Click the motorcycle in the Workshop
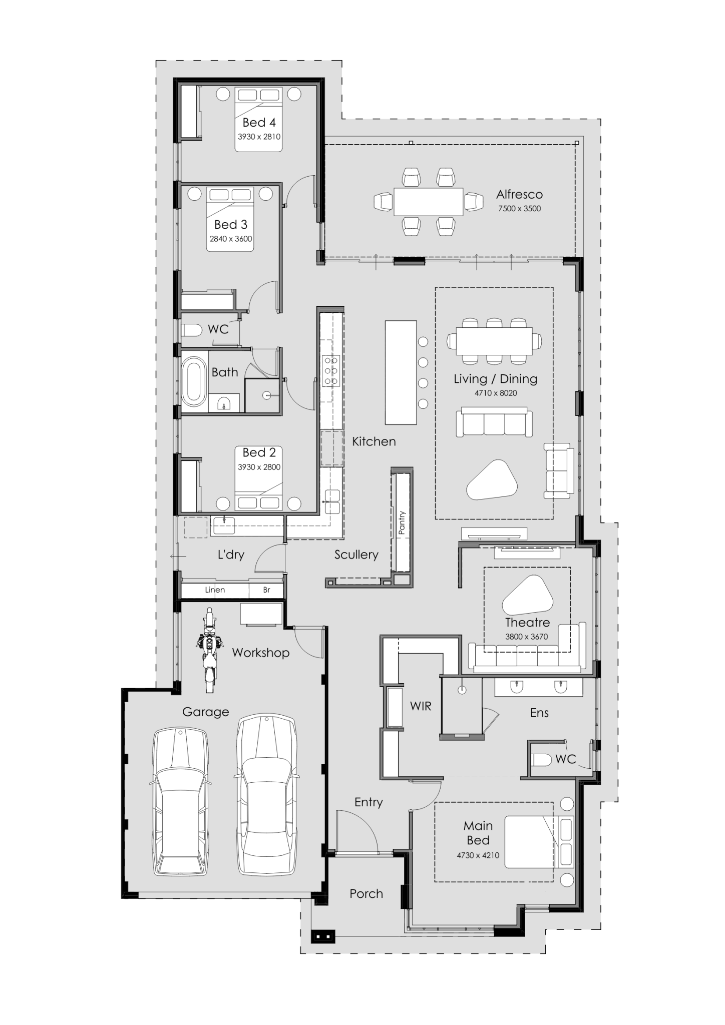click(209, 649)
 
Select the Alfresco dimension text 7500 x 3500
click(519, 209)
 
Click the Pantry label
click(402, 523)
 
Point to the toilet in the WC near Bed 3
click(192, 330)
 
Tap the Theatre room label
click(527, 623)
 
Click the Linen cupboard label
click(215, 590)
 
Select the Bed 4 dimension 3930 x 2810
click(259, 137)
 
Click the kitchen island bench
click(401, 372)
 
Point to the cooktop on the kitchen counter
click(331, 370)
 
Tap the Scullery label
click(356, 555)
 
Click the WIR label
click(420, 706)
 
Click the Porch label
click(366, 893)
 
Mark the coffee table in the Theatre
click(528, 596)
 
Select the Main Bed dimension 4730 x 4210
click(478, 855)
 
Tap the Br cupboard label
click(266, 590)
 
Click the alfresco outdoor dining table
click(428, 202)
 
